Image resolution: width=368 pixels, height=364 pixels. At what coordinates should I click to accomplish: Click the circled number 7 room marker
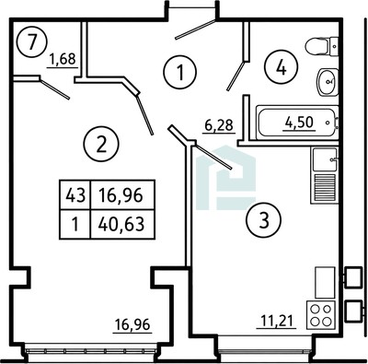coord(32,41)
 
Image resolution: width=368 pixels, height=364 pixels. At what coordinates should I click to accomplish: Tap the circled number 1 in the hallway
coord(180,72)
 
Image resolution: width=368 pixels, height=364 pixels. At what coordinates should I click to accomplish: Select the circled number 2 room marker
coord(102,145)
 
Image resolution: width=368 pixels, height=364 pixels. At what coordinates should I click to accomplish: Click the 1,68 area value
coord(63,59)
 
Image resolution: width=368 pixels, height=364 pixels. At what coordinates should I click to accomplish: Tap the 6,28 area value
coord(219,125)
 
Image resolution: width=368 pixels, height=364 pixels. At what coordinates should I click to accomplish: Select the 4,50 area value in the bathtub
coord(299,123)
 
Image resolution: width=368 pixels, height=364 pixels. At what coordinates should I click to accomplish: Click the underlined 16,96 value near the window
coord(132,324)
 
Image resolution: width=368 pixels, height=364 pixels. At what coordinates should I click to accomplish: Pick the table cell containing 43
coord(75,194)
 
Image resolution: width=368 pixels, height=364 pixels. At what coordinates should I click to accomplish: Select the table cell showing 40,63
coord(122,224)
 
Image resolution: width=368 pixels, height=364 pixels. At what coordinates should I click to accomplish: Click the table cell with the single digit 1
coord(75,224)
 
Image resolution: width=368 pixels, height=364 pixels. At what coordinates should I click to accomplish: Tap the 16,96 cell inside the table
coord(122,194)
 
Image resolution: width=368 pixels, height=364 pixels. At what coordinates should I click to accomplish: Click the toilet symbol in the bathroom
coord(322,47)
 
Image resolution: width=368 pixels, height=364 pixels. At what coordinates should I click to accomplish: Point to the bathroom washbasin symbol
coord(328,82)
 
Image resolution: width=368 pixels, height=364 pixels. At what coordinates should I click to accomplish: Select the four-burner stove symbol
coord(321,314)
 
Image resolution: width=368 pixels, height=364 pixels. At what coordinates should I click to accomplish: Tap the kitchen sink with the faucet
coord(325,159)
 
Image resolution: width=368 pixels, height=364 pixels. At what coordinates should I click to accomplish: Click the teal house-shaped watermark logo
coord(226,178)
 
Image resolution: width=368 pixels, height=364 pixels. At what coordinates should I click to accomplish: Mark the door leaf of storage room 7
coord(55,89)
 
